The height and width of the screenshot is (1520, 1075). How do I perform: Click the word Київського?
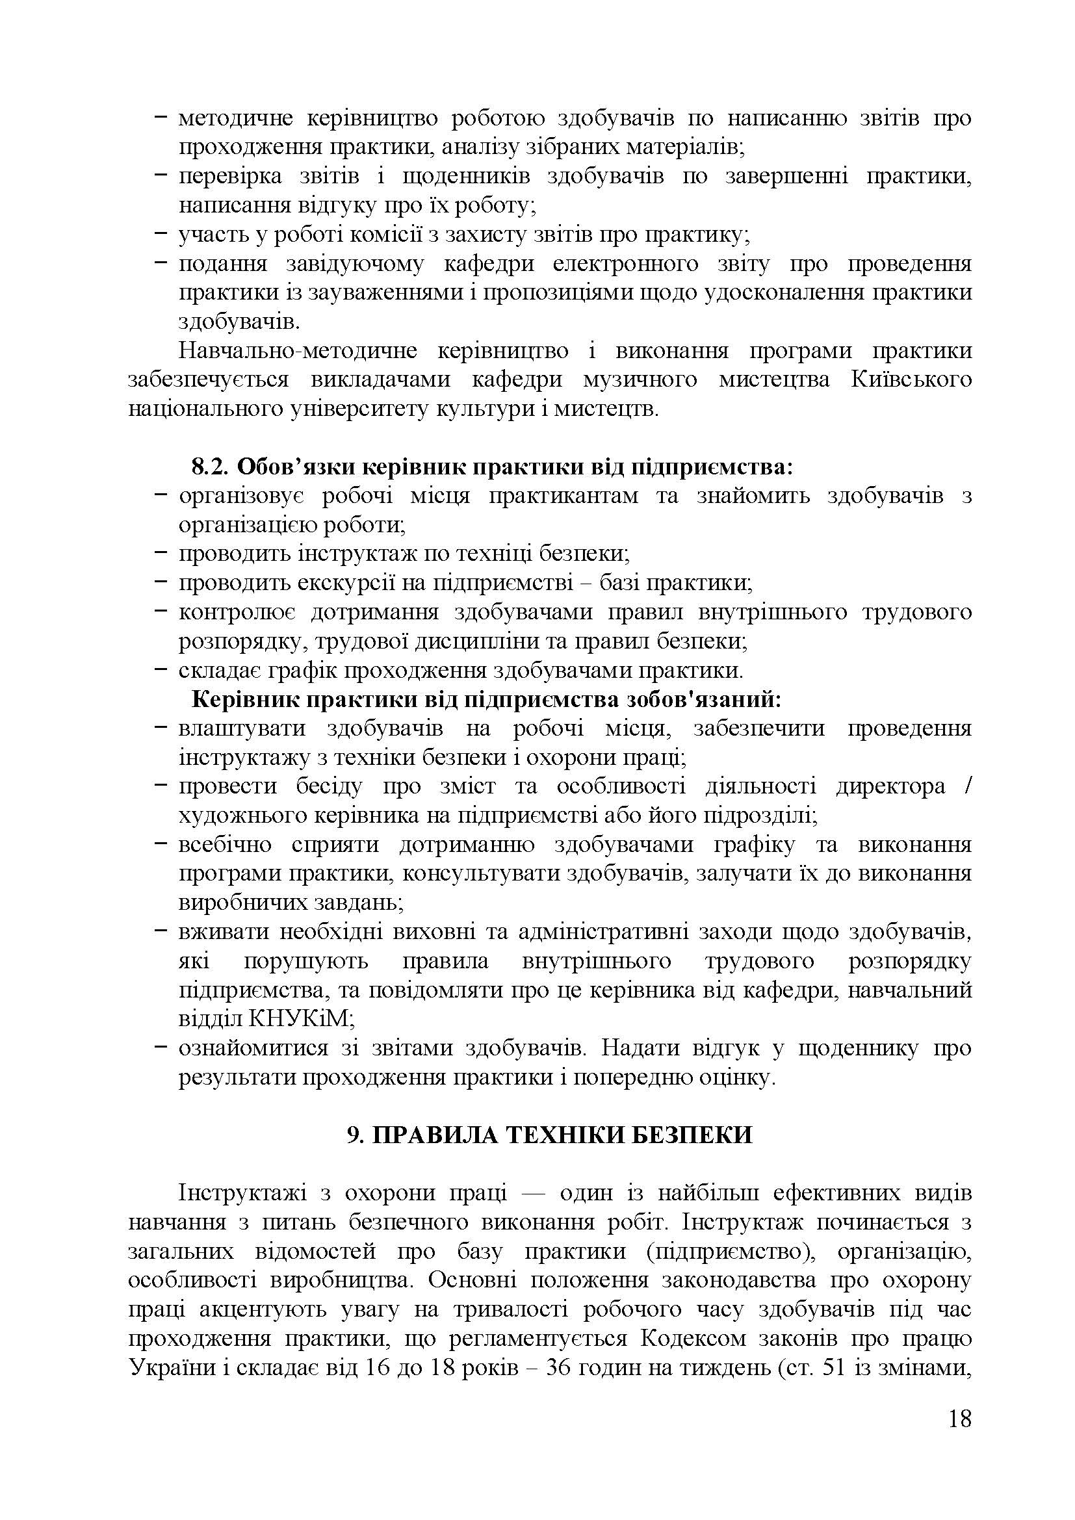(911, 380)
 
